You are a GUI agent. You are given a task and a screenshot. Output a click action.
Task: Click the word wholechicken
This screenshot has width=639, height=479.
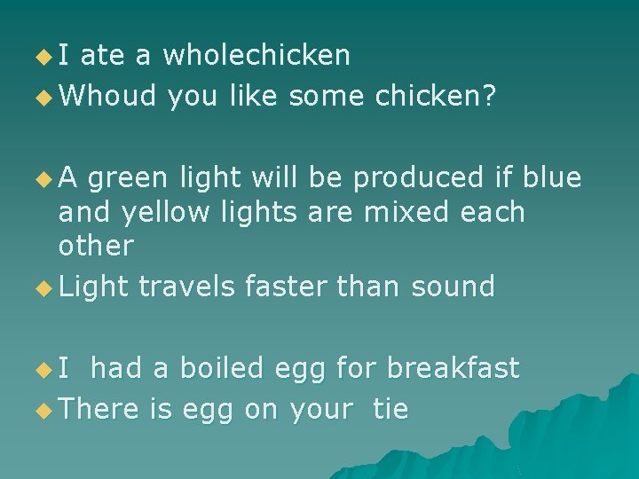tap(257, 56)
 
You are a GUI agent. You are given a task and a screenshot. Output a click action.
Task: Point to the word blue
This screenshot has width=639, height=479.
tap(551, 178)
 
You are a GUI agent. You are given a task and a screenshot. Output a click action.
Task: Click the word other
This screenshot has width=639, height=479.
tap(96, 247)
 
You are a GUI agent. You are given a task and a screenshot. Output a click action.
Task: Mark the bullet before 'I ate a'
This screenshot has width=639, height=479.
tap(43, 58)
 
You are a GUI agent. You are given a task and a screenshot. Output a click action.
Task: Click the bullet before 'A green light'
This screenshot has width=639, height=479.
tap(43, 180)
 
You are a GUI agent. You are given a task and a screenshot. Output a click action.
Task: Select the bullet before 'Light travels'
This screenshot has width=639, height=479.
tap(43, 288)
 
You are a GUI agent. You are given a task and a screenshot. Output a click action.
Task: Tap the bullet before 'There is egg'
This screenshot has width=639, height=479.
tap(43, 411)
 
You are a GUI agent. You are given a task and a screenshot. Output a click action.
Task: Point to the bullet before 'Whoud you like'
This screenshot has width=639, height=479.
tap(43, 96)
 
